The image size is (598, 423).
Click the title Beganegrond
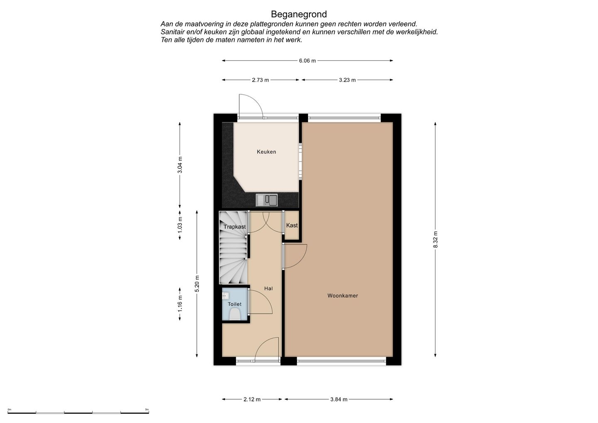299,14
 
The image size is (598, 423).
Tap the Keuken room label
267,152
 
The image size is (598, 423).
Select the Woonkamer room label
343,295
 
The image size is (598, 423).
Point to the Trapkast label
234,227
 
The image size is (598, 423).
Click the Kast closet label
292,225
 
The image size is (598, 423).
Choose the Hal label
269,288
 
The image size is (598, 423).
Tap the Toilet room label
234,304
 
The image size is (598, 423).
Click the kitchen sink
267,200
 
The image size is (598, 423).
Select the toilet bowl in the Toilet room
235,314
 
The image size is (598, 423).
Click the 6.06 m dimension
307,61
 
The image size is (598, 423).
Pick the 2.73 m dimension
260,80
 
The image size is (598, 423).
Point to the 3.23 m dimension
347,80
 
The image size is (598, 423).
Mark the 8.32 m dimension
435,239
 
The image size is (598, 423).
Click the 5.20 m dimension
197,284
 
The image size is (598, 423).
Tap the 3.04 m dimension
180,165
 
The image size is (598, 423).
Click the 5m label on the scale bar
147,409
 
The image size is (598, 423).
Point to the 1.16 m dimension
180,304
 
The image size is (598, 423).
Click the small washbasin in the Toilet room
225,296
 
